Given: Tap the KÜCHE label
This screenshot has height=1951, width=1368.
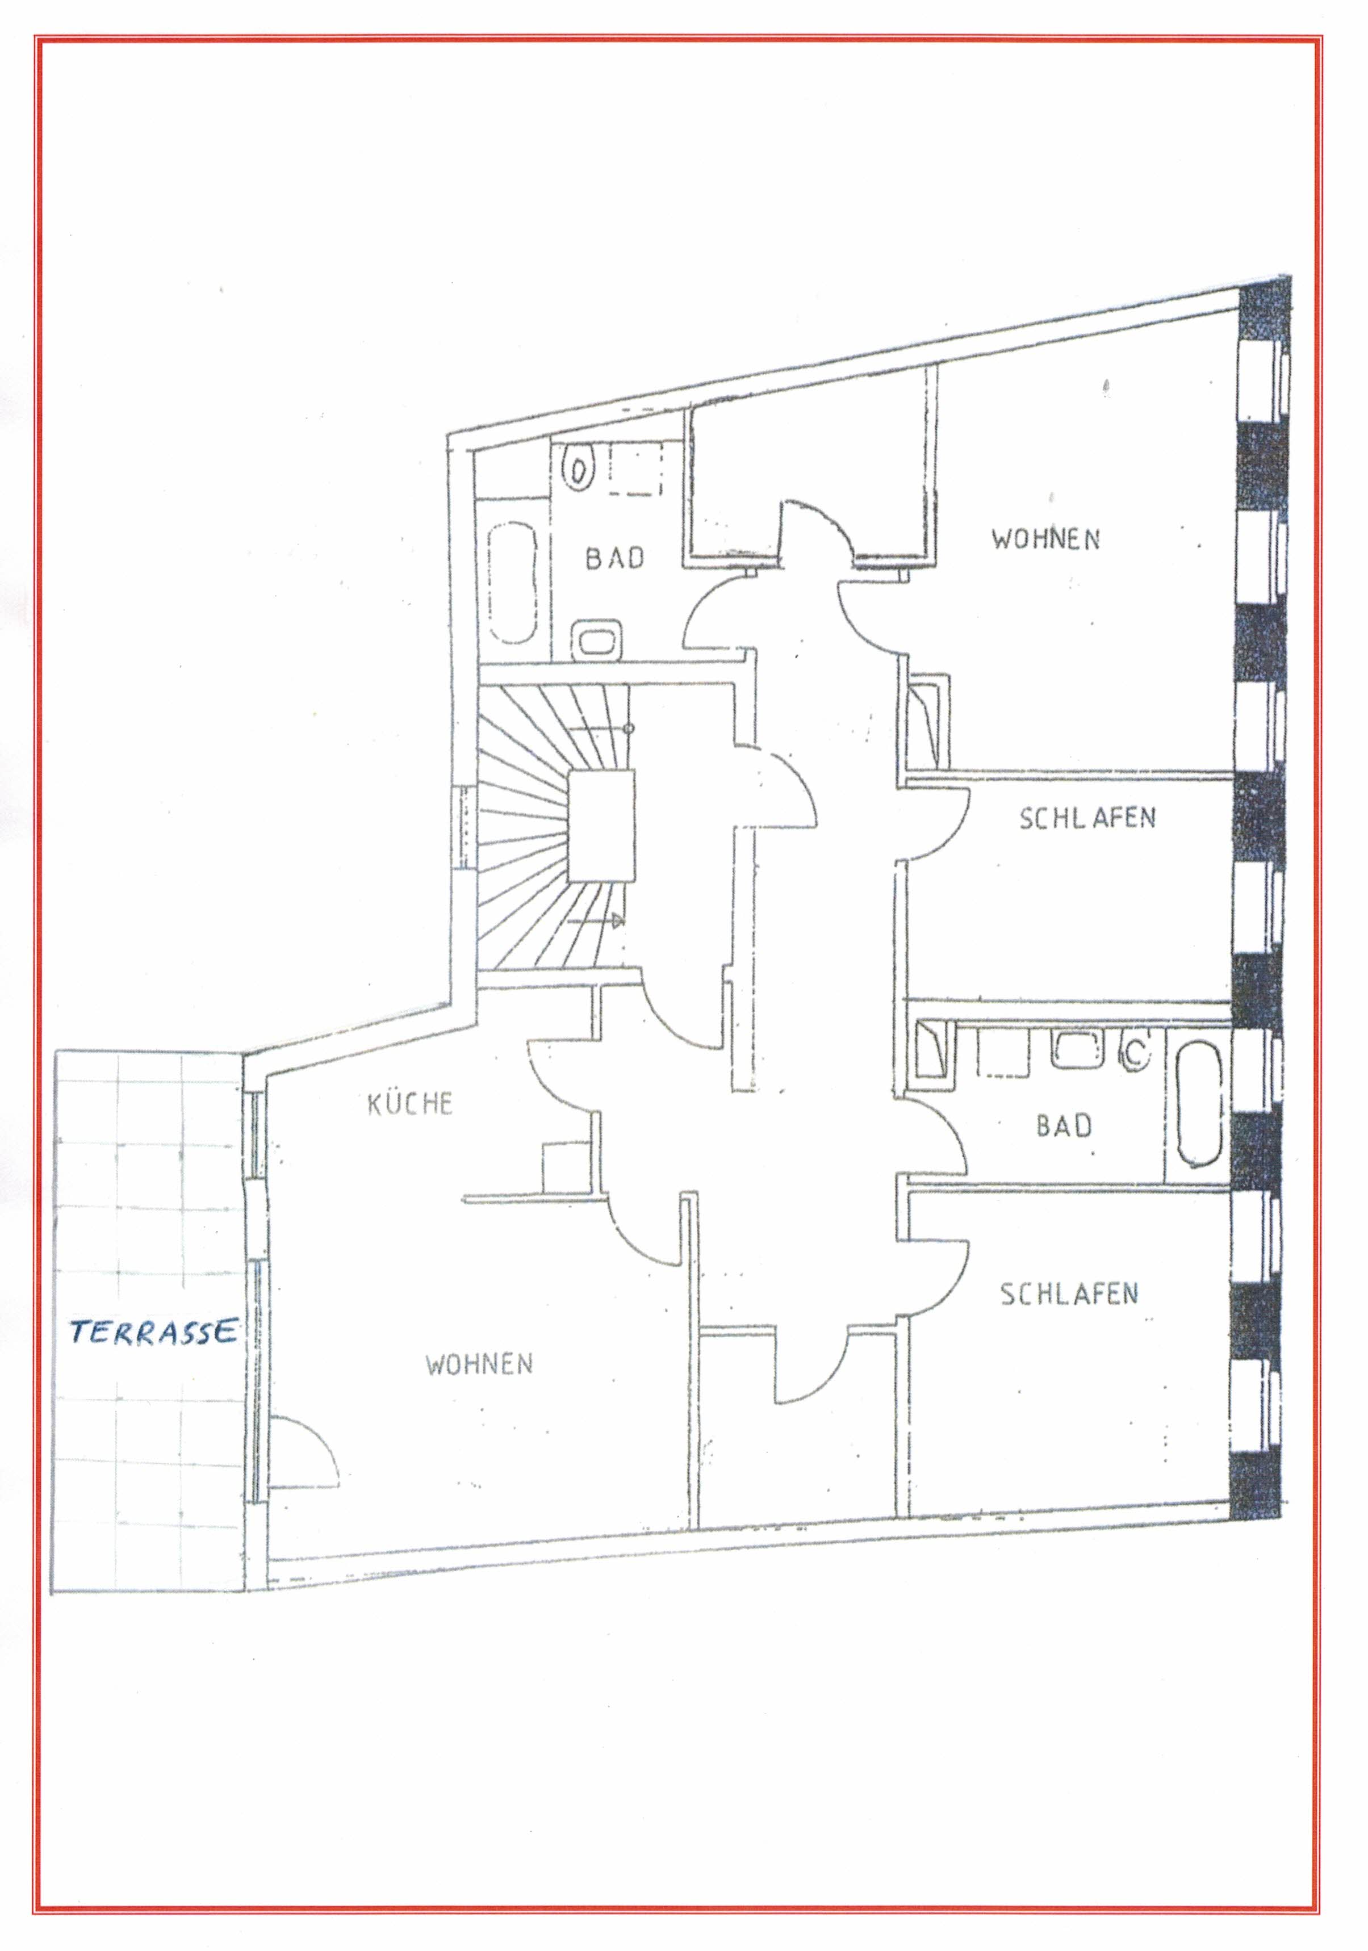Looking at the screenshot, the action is (x=409, y=1104).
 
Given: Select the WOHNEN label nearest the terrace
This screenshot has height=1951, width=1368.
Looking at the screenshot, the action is (x=479, y=1364).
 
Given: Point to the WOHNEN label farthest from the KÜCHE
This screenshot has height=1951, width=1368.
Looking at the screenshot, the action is (x=1045, y=539).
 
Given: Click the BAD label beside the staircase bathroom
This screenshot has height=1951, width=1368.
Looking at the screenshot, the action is (x=615, y=558).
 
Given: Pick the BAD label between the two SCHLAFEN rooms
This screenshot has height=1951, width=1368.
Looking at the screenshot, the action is (x=1064, y=1126).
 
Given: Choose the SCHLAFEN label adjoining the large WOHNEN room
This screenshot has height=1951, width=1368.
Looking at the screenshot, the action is (x=1087, y=818).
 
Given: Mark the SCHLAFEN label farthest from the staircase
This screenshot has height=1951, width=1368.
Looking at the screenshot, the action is (x=1069, y=1293).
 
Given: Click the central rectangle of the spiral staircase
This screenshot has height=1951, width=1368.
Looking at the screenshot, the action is (x=601, y=826).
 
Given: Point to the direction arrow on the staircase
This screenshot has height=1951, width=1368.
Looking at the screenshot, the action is (x=596, y=921).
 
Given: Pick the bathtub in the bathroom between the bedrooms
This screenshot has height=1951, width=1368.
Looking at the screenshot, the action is (x=1199, y=1102).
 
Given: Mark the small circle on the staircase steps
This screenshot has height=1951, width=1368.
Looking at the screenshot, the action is (x=629, y=729).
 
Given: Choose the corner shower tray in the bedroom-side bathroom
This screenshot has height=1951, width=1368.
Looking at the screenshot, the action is (x=930, y=1051).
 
